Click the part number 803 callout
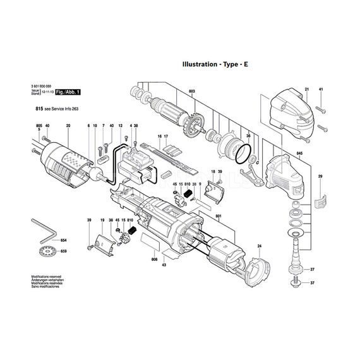[x=191, y=92]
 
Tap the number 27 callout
[x=312, y=270]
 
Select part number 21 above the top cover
[x=306, y=90]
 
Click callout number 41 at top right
[x=321, y=90]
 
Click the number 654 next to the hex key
[x=63, y=241]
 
